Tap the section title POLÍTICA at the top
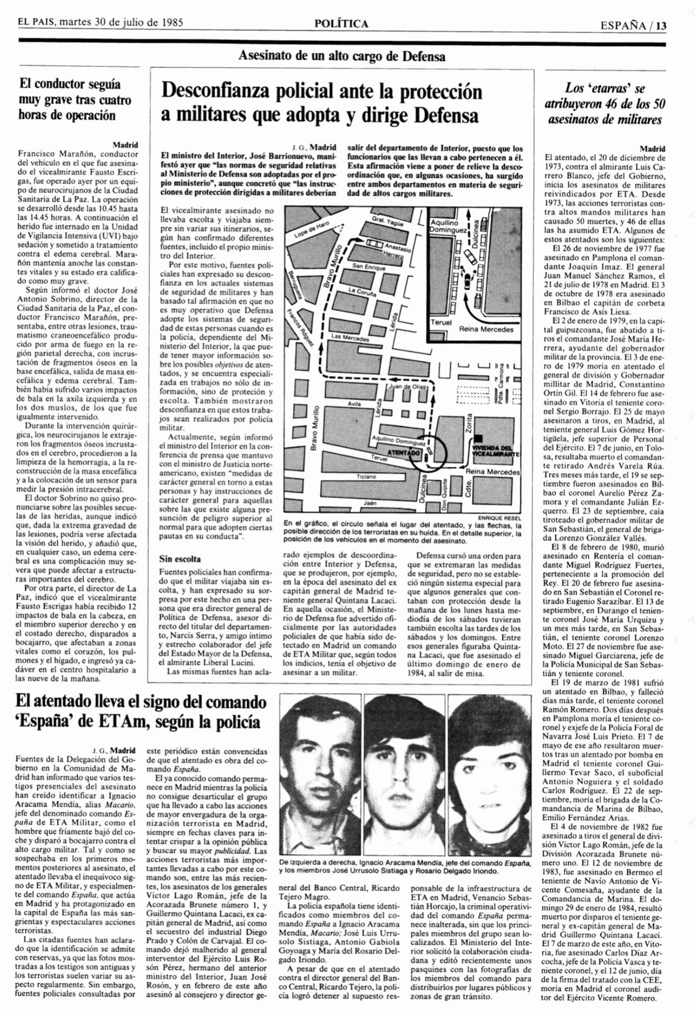342,23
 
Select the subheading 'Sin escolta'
180,559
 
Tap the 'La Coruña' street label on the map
362,291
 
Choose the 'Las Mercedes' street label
350,338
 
